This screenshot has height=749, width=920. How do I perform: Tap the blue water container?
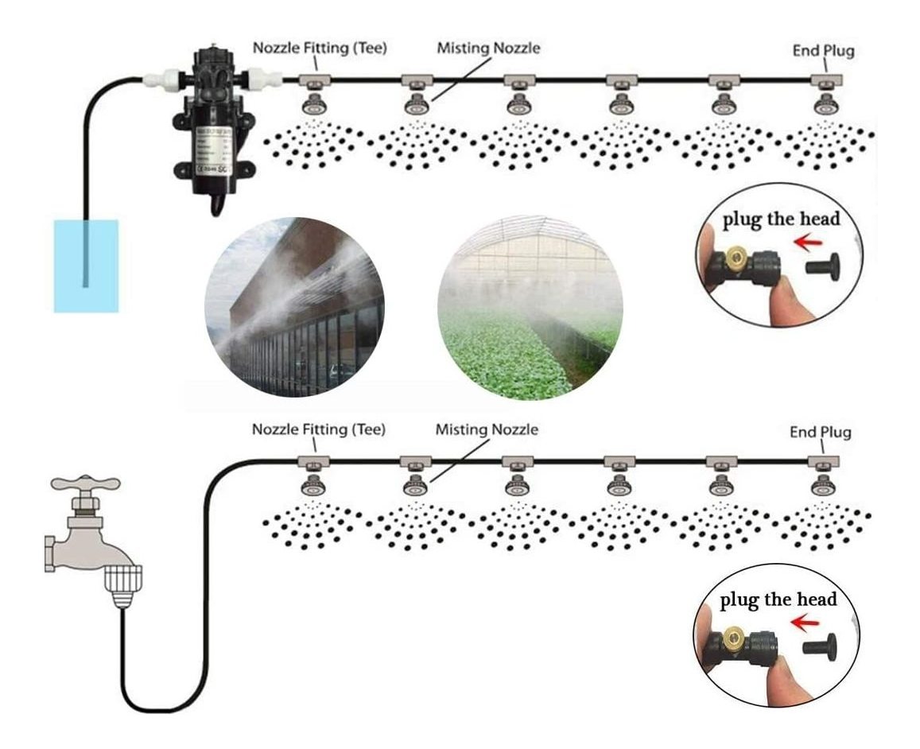click(x=86, y=266)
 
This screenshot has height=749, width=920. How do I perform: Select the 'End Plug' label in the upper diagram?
click(x=823, y=51)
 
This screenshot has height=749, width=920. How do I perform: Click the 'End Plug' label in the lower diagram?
click(x=820, y=433)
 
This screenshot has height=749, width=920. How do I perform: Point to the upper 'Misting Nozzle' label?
click(x=488, y=48)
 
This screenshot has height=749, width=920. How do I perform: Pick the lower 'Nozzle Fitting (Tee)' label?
click(x=319, y=429)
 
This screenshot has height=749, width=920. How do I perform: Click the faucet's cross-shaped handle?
click(x=84, y=483)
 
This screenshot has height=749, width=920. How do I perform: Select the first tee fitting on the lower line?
click(x=312, y=461)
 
